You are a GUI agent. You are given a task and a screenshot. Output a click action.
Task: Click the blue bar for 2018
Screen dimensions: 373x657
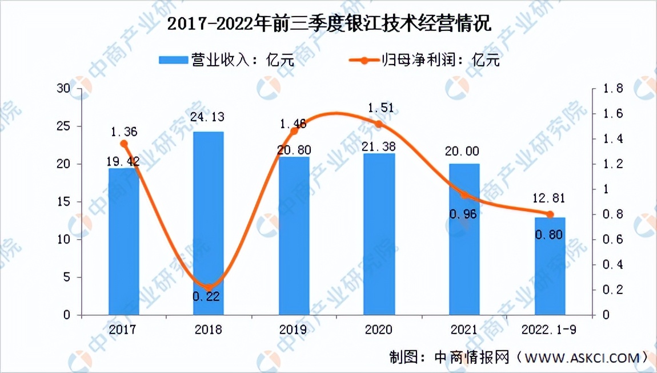click(x=209, y=223)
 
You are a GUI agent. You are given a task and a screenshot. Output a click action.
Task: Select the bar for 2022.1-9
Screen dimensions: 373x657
click(x=550, y=266)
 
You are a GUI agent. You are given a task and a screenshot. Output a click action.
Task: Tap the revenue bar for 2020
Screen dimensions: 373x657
click(x=379, y=234)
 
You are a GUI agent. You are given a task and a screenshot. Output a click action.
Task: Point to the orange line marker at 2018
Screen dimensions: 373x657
click(x=209, y=287)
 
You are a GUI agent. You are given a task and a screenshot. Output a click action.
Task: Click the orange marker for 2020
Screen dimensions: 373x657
click(x=379, y=124)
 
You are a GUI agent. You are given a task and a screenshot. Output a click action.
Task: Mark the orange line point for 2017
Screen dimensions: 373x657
click(x=124, y=144)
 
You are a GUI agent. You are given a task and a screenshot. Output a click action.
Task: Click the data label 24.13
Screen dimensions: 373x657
click(x=209, y=118)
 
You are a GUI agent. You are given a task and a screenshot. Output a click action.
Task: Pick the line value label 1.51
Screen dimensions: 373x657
click(x=379, y=108)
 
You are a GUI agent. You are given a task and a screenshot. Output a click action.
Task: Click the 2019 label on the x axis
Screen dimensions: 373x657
click(x=294, y=330)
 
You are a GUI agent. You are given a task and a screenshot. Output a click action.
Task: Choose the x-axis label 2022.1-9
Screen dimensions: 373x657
click(x=550, y=330)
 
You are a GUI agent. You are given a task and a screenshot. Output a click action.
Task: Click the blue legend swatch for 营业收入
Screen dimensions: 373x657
click(x=173, y=60)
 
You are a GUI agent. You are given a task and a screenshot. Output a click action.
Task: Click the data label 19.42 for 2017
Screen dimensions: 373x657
click(x=124, y=161)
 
